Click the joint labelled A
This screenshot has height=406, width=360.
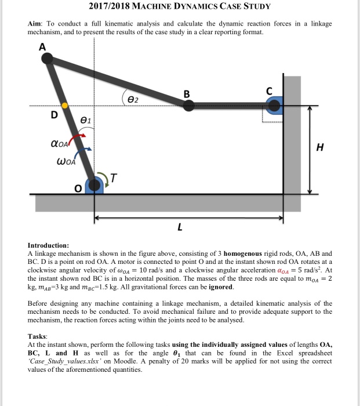click(48, 57)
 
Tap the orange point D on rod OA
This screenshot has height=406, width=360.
click(65, 106)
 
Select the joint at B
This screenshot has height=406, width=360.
click(188, 105)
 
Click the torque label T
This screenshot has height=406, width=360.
click(114, 179)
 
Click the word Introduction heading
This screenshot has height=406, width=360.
click(48, 245)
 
